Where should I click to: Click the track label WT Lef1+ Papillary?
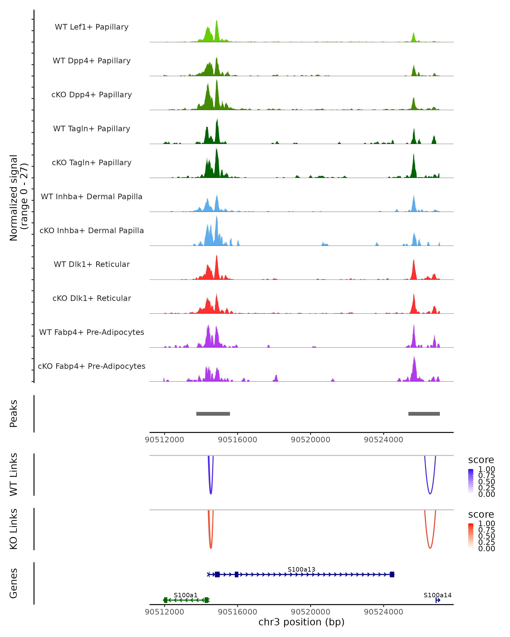tap(92, 27)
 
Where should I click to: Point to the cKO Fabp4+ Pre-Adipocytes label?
tap(92, 366)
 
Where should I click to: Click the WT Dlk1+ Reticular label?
tap(92, 264)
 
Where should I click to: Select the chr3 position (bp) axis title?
tap(301, 622)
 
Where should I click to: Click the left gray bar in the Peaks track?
tap(213, 414)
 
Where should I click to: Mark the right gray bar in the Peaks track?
tap(424, 414)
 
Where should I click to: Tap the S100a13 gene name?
tap(301, 569)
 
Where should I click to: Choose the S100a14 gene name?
tap(437, 595)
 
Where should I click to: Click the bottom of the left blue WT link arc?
tap(211, 494)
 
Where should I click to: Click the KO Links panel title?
tap(14, 529)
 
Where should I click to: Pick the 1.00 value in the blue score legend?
tap(487, 469)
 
